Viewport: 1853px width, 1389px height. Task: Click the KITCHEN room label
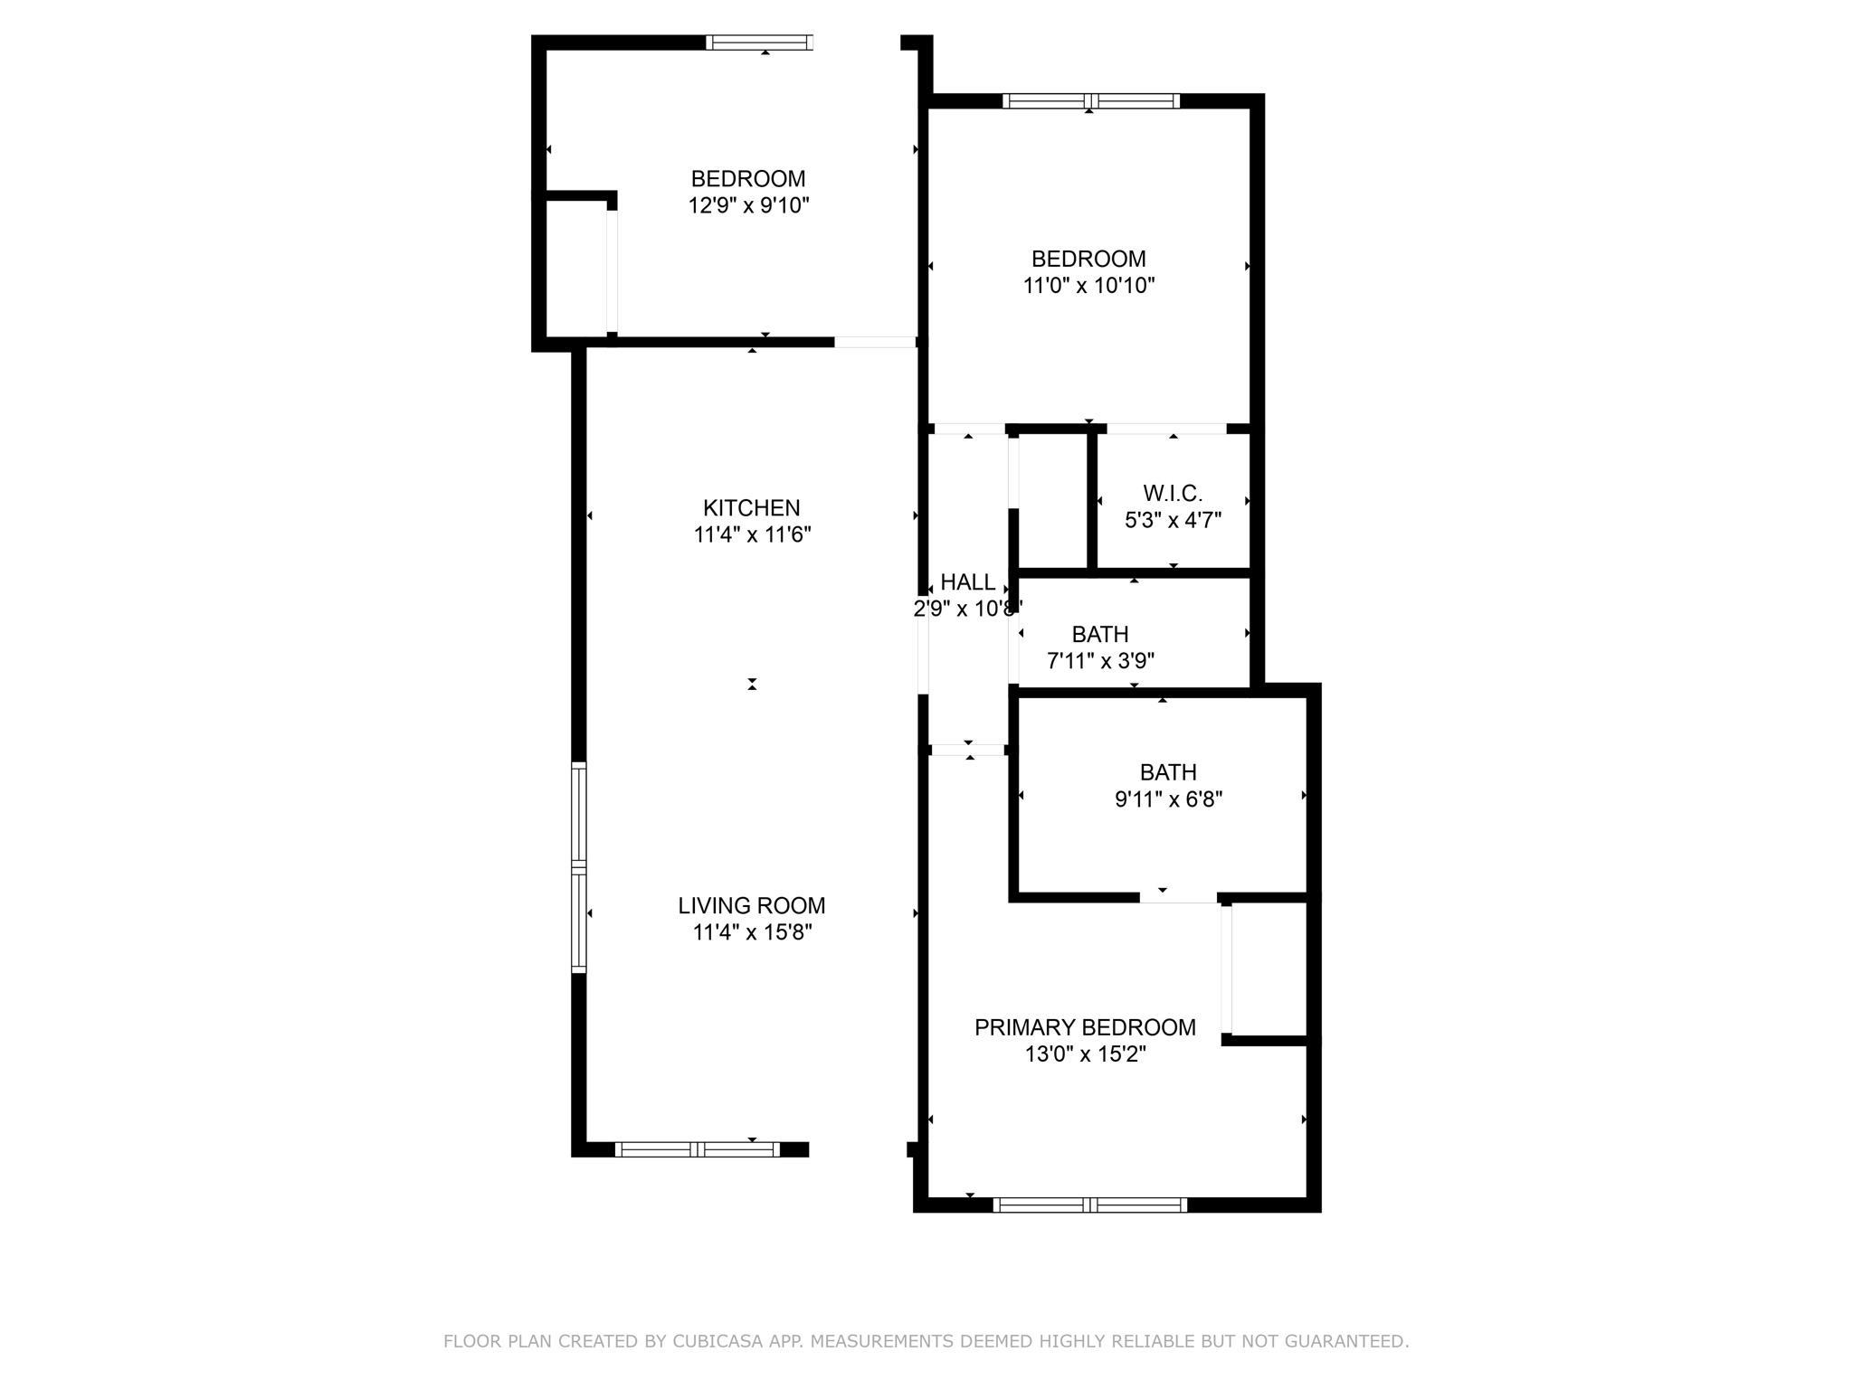coord(752,508)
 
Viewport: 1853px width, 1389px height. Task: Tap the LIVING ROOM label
coord(752,906)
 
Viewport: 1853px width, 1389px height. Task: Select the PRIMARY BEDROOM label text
coord(1085,1027)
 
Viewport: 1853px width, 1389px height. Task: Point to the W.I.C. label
coord(1173,494)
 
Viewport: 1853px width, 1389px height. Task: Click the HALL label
coord(968,582)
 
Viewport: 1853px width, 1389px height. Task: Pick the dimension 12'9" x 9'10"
coord(748,205)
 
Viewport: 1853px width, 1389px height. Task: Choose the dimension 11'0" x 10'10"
coord(1088,286)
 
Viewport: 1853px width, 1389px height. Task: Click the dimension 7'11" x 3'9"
coord(1100,661)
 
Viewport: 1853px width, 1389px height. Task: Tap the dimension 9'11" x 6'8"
coord(1168,799)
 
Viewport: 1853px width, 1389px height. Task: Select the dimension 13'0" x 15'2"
coord(1085,1054)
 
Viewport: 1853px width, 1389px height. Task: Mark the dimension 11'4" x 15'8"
coord(752,932)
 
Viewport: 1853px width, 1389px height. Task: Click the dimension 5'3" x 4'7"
coord(1173,521)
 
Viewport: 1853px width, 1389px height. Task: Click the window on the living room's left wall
coord(579,867)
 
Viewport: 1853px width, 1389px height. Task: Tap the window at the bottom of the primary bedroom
coord(1089,1205)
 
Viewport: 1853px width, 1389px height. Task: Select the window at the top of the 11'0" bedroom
coord(1090,101)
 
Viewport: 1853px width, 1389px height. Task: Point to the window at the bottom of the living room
coord(697,1149)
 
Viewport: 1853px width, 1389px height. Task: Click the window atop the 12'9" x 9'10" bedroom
coord(759,42)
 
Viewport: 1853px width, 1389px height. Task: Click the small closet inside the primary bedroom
coord(1269,969)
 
